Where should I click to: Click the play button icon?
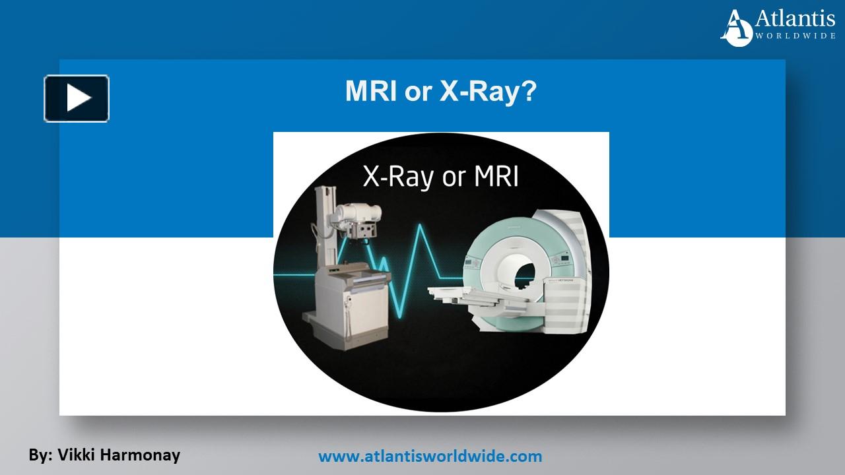pos(77,99)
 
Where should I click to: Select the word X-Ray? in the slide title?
pos(488,92)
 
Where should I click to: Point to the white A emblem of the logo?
pos(737,28)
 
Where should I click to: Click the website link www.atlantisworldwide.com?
pos(430,456)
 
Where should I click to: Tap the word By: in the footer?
pos(40,455)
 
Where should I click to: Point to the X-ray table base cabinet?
pos(337,310)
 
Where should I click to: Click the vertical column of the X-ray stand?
pos(323,224)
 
